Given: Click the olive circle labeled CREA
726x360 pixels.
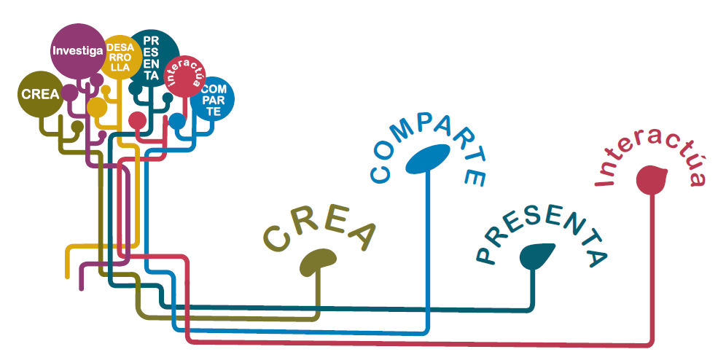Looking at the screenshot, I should [x=40, y=94].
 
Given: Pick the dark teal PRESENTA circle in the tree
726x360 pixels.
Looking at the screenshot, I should [x=153, y=57].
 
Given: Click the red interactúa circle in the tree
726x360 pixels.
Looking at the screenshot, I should [x=181, y=79].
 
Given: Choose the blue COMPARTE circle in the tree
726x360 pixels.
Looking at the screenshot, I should [x=213, y=100].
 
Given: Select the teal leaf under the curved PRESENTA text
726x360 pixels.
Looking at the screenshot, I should [x=537, y=256].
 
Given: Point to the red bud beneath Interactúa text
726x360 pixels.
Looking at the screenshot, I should [x=653, y=180].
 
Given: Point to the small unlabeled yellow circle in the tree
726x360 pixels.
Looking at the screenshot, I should [x=97, y=108].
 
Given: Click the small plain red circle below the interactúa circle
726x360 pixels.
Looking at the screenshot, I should [x=137, y=120].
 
